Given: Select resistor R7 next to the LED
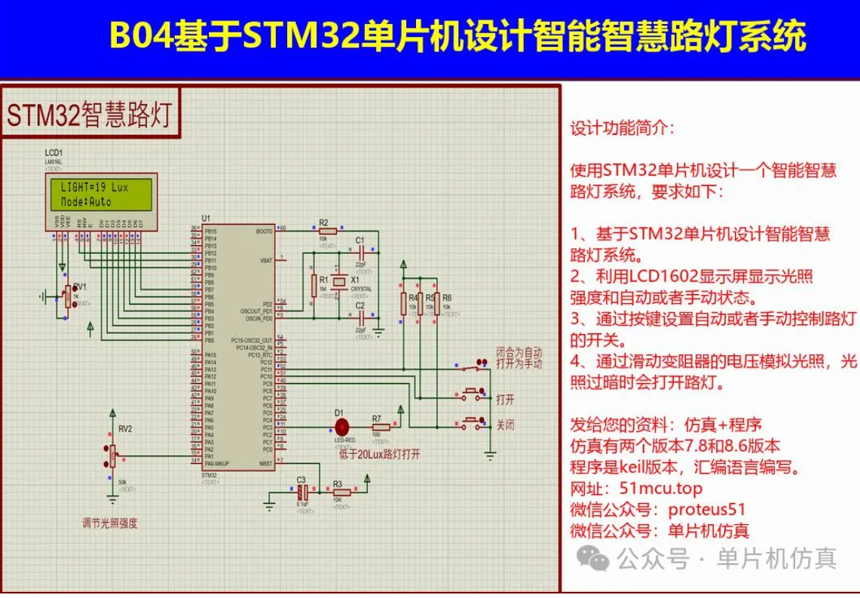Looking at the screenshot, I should click(x=381, y=427).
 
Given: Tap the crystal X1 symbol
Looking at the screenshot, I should click(x=341, y=284).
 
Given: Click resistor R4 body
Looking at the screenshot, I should click(x=404, y=302).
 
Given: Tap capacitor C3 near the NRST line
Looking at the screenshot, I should click(x=301, y=491).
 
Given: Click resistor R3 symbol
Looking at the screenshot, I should click(x=338, y=491).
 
